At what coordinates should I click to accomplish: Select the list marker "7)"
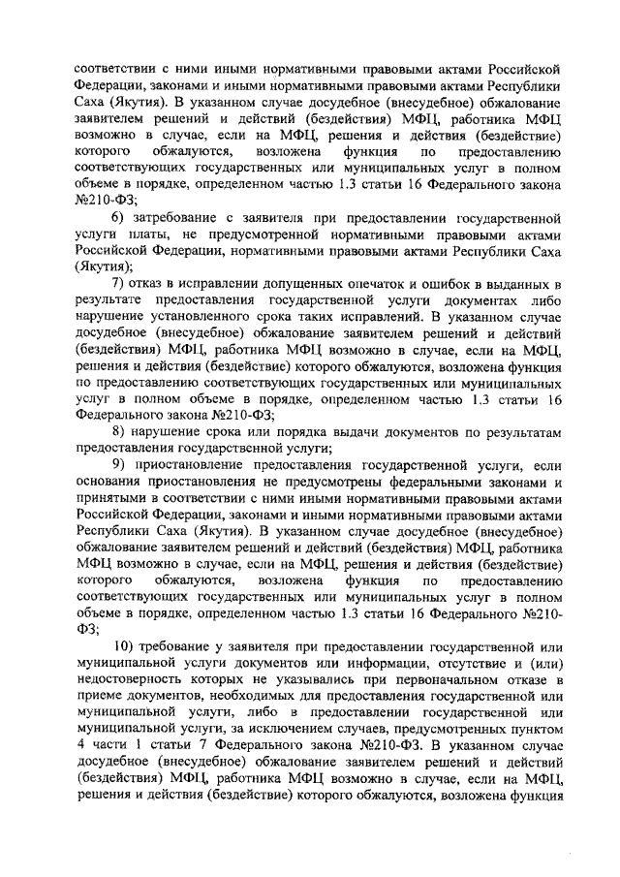point(118,282)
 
